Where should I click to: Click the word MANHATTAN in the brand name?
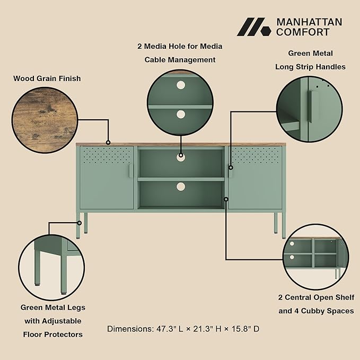309,22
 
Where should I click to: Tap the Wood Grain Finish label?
47,78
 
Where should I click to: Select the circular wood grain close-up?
45,120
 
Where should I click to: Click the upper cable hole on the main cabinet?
181,157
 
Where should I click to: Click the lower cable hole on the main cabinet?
181,187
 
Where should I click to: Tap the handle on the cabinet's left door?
130,171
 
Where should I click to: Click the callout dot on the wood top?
108,143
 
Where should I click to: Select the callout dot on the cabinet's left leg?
80,223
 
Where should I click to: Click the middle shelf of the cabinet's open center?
181,179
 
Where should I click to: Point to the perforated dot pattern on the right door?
256,155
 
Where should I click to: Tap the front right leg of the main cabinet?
284,225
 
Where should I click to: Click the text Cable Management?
180,60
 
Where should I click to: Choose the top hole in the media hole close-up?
181,85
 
